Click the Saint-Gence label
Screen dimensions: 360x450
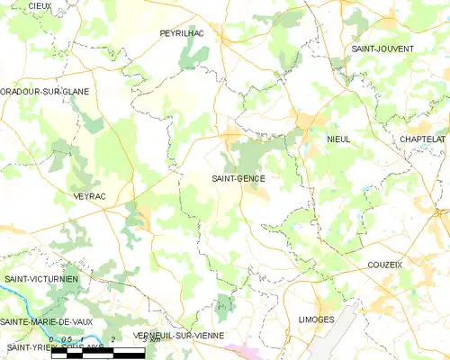click(238, 178)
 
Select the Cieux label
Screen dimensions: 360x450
click(39, 5)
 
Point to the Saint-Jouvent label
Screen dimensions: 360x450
click(382, 48)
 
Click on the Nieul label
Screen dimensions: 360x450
click(338, 139)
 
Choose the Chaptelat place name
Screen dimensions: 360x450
click(423, 139)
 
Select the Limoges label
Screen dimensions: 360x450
click(315, 319)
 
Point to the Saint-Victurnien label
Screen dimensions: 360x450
click(41, 279)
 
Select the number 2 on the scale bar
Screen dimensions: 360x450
click(112, 339)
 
